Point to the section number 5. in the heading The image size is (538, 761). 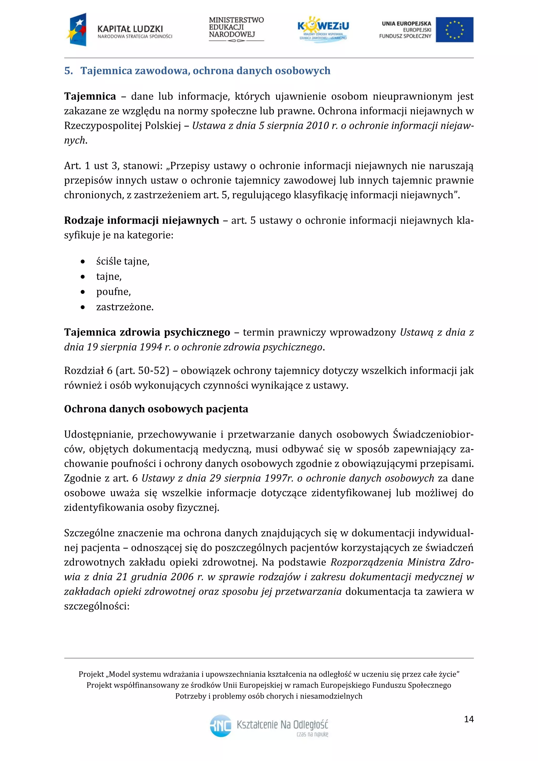68,71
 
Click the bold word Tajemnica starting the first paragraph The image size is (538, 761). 90,96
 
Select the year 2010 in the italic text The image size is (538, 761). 317,126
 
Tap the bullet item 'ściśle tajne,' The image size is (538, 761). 123,261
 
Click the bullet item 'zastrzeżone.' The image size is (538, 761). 125,307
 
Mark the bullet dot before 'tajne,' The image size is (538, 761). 83,277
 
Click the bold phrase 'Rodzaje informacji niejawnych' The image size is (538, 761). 141,220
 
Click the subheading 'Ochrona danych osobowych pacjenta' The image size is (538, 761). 156,409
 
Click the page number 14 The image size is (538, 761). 469,719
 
